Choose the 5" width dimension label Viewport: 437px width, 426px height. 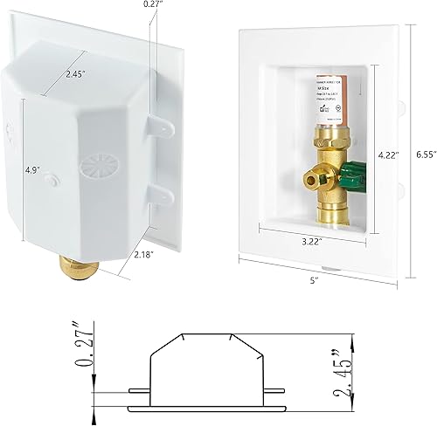(313, 280)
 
